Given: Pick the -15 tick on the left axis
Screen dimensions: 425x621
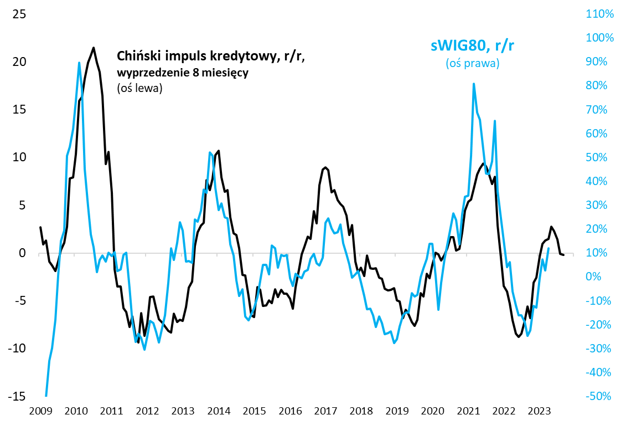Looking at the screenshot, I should pos(17,396).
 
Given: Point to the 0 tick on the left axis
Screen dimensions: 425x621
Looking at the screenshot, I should pos(23,253).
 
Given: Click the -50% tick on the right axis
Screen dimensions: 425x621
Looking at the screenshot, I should pos(599,396).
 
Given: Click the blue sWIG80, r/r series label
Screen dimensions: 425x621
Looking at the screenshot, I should pos(472,46).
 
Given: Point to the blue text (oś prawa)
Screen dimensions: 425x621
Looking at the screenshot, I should pos(473,64).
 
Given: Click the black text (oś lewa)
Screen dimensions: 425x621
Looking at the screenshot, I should pos(139,88).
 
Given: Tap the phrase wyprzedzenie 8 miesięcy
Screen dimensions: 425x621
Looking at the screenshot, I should pos(183,73).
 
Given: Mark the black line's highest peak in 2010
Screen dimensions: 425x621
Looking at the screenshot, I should pos(94,48).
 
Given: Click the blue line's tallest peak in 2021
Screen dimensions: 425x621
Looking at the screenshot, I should pos(474,84).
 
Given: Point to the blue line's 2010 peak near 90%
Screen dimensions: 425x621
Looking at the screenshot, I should pos(79,63).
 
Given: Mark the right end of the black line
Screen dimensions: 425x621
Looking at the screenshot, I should pos(563,255).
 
